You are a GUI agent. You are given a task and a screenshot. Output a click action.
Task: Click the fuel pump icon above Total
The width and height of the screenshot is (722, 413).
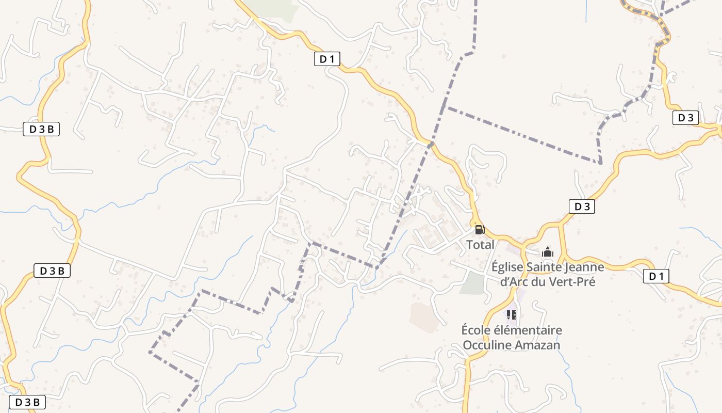point(480,230)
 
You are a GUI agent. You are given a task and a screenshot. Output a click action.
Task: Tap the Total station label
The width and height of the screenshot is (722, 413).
point(480,245)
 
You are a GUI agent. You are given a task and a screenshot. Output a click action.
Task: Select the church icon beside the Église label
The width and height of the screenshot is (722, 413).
point(547,252)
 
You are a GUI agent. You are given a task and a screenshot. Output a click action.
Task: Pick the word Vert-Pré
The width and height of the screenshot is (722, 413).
point(571,282)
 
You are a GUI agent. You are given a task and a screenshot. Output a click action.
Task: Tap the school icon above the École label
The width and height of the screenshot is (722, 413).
point(512,314)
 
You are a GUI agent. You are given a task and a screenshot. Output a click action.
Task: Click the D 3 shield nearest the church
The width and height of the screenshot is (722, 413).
point(582,207)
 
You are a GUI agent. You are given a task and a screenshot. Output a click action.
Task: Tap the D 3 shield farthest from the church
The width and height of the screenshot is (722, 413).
point(685,118)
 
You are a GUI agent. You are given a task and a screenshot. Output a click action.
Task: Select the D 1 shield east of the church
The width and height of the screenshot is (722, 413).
point(656,277)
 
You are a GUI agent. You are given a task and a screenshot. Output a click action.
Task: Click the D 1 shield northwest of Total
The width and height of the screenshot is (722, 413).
point(327,59)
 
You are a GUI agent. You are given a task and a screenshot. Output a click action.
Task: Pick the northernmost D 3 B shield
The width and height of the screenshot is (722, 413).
point(41,130)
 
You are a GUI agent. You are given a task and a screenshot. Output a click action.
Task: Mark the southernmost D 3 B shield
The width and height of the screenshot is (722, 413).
point(27,402)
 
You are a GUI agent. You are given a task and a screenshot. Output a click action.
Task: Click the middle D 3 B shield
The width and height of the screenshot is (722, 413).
point(52,271)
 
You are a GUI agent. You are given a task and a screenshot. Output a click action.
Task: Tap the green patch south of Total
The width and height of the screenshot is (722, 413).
point(472,283)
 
